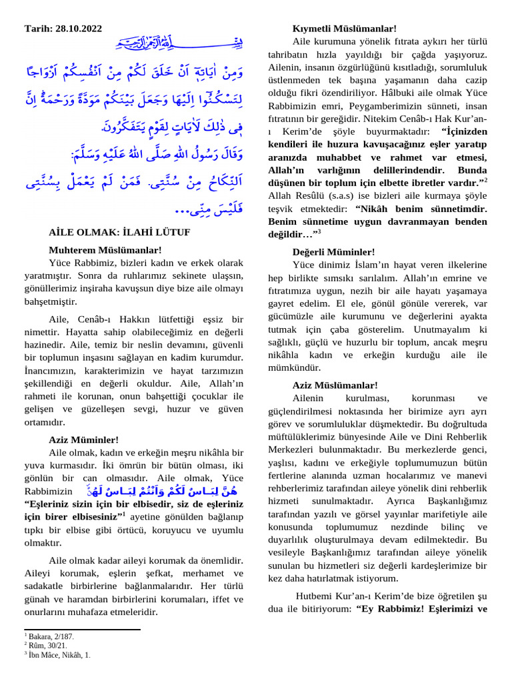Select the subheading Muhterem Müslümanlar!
105,250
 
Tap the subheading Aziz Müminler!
84,440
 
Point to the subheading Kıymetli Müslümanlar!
345,29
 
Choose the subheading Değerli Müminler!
333,251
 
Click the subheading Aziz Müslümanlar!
335,385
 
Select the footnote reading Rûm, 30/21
47,646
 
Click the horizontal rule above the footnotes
82,629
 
